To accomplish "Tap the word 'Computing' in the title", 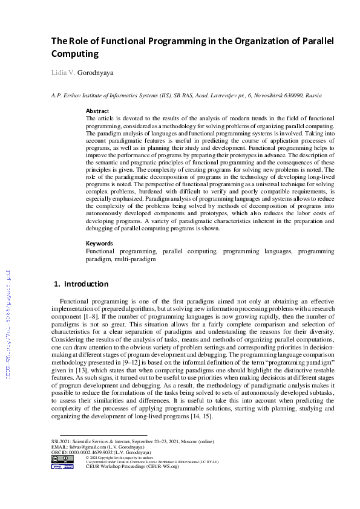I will (x=74, y=54).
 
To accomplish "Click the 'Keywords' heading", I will (x=100, y=244).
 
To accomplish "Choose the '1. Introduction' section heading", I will (x=81, y=284).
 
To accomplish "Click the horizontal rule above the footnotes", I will (x=95, y=435).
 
